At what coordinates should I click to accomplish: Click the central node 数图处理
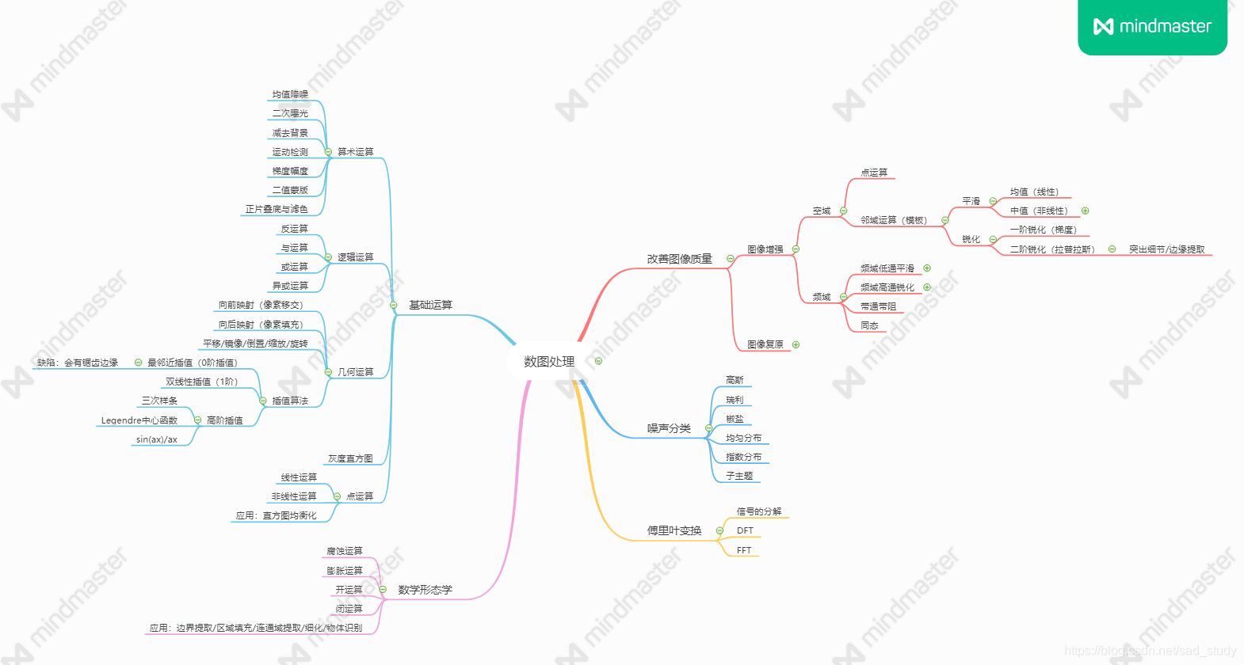coord(549,362)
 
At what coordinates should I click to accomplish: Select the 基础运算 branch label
coord(430,305)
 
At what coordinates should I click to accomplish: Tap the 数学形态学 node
coord(425,590)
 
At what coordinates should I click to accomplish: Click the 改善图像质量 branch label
coord(679,259)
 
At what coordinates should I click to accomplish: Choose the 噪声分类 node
coord(669,428)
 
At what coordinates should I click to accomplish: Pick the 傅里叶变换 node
coord(674,530)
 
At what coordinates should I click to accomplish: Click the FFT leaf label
coord(744,550)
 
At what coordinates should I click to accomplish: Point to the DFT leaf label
coord(745,530)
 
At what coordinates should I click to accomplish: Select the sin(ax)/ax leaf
coord(157,439)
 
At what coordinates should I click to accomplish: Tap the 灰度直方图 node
coord(350,458)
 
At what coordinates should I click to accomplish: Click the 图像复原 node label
coord(765,344)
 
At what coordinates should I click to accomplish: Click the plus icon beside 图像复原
coord(796,344)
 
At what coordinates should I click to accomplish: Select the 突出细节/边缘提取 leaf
coord(1166,249)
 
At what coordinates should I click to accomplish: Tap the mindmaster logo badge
coord(1152,27)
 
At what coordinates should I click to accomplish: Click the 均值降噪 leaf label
coord(290,94)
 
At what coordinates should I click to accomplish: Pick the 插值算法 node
coord(290,401)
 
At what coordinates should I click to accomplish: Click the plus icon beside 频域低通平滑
coord(927,268)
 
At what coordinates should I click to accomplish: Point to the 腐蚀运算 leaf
coord(345,551)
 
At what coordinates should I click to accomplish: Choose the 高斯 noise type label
coord(735,380)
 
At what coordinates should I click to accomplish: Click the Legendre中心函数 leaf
coord(139,420)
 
